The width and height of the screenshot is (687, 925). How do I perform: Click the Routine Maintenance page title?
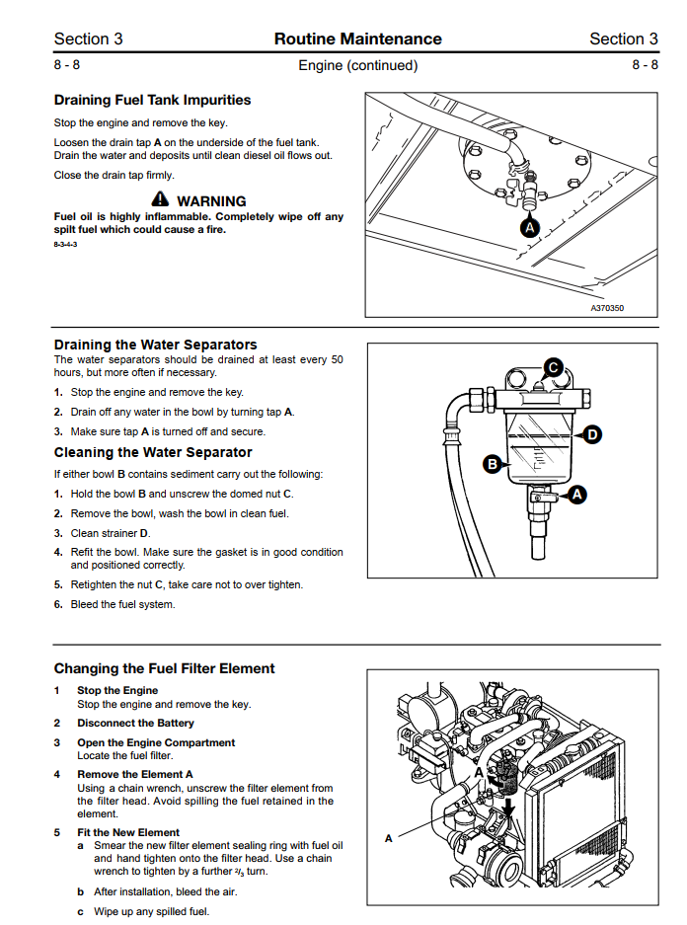pos(357,39)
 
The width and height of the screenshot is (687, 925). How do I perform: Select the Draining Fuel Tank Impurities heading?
pos(152,100)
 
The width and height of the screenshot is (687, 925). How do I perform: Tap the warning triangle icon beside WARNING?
pos(160,198)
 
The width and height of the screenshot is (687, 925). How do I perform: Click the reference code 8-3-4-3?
pos(65,244)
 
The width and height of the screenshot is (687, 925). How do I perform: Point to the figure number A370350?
pos(607,308)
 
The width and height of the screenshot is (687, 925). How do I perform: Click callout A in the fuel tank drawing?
pos(529,228)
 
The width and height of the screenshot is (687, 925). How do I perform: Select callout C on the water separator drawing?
pos(553,368)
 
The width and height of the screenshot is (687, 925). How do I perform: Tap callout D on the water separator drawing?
pos(591,435)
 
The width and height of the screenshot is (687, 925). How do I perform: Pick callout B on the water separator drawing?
pos(492,464)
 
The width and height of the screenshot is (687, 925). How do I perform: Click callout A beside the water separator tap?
pos(576,495)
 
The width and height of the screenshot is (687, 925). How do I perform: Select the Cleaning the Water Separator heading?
pos(153,452)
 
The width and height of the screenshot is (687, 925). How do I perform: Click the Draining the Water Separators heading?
pos(156,345)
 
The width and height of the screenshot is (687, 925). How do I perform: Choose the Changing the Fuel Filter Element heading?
pos(165,668)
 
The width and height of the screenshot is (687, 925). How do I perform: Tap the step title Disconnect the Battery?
pos(135,723)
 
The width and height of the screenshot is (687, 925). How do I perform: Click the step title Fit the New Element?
pos(128,832)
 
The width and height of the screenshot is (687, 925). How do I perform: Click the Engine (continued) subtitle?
pos(358,65)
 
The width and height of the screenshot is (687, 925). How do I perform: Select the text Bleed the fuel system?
pos(122,604)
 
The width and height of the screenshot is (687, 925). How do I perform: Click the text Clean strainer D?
pos(111,533)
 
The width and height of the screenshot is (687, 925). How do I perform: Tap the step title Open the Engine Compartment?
pos(156,742)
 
